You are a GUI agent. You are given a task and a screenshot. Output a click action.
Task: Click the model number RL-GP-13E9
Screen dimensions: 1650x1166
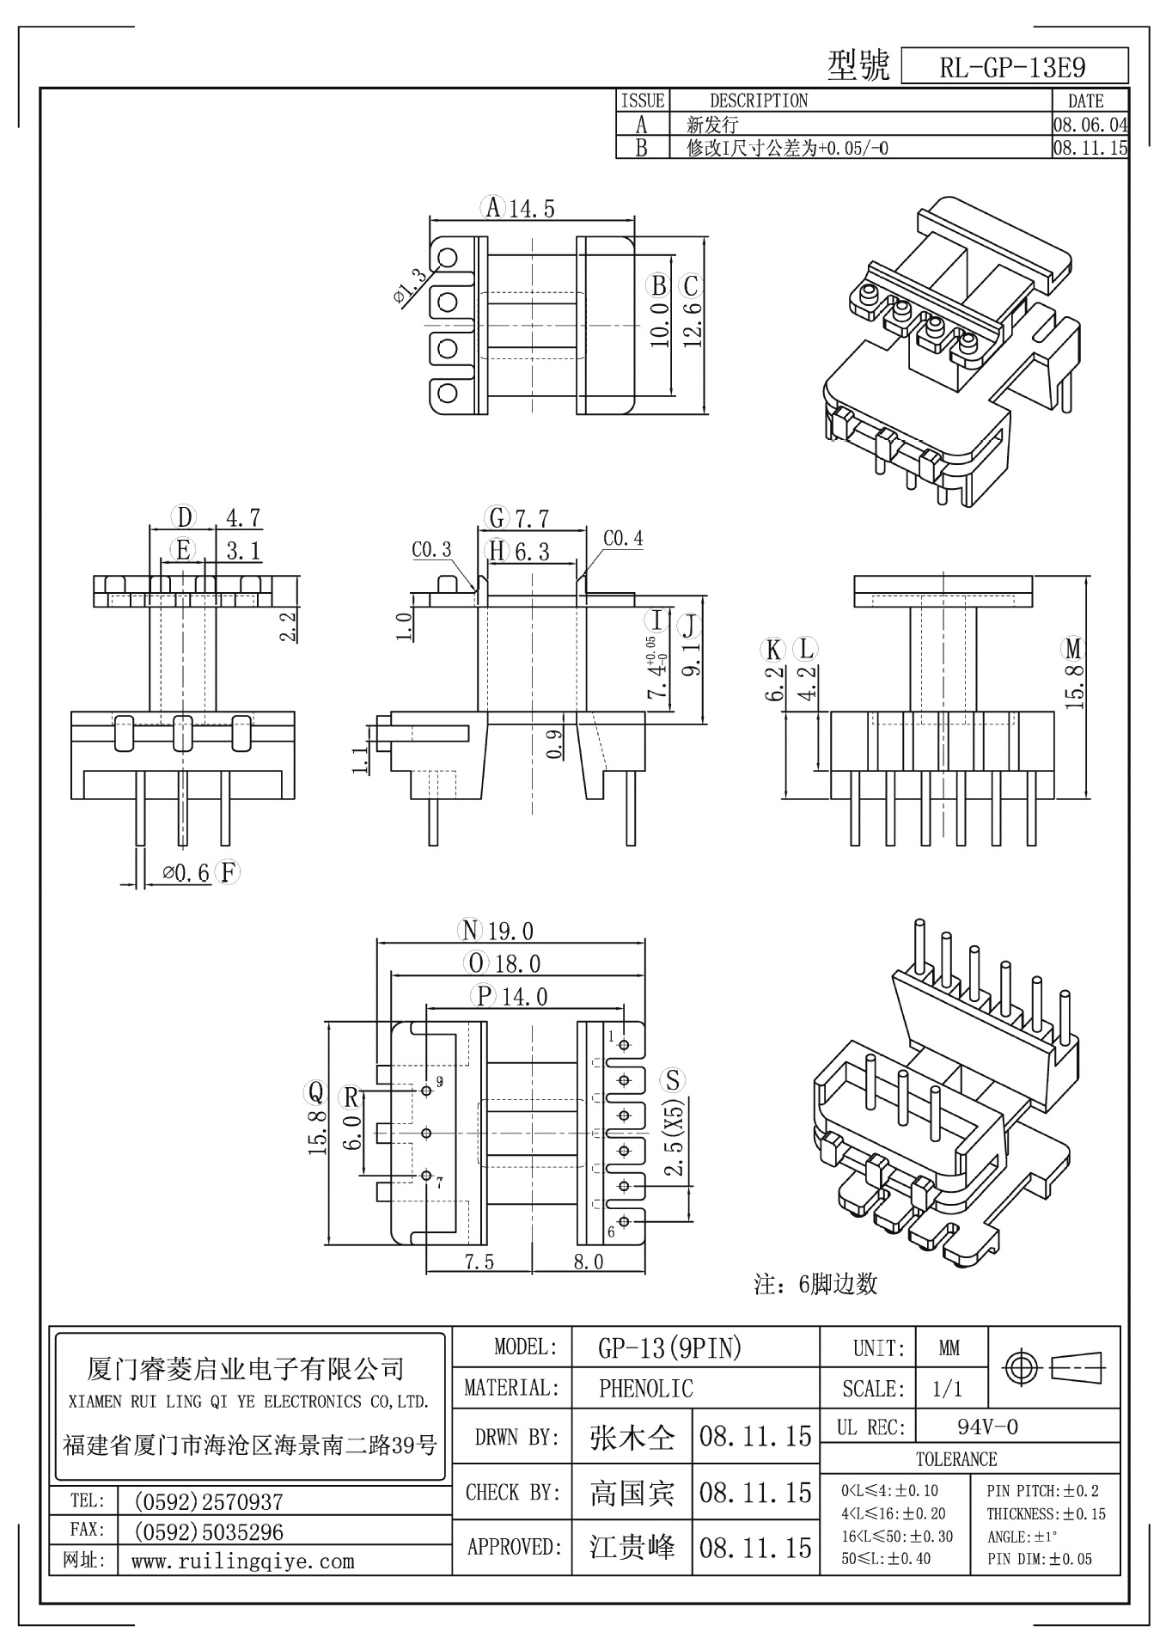click(x=1012, y=68)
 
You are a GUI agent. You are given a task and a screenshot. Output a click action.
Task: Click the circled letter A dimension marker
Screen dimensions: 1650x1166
click(x=492, y=207)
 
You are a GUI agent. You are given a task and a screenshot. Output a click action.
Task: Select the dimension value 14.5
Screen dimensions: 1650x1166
click(x=532, y=208)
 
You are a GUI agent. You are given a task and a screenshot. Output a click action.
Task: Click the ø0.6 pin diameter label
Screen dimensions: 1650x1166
click(x=186, y=874)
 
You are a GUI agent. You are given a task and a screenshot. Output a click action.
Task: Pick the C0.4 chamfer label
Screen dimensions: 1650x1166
click(x=622, y=539)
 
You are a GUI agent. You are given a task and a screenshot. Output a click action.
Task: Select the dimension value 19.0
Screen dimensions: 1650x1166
click(x=510, y=931)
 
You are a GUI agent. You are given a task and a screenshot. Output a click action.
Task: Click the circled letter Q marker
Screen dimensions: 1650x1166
click(x=315, y=1092)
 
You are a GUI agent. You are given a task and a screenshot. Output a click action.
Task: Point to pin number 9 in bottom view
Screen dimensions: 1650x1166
click(x=440, y=1082)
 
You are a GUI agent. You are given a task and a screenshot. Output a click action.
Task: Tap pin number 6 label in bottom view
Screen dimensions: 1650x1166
click(x=611, y=1232)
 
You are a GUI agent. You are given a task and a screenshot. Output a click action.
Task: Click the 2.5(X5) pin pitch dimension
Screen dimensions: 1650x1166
click(x=675, y=1136)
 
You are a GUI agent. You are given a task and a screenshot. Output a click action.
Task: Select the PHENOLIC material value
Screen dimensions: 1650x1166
click(x=645, y=1388)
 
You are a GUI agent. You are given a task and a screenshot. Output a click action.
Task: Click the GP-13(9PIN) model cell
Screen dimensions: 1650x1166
click(x=669, y=1348)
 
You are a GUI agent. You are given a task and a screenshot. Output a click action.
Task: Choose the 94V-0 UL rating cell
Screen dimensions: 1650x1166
click(x=987, y=1427)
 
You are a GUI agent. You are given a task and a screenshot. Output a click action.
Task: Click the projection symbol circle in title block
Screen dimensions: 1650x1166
click(x=1022, y=1366)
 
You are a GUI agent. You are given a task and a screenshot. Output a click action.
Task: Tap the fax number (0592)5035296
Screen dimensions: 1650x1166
click(x=209, y=1531)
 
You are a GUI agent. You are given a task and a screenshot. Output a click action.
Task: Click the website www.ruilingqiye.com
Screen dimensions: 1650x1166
click(x=242, y=1561)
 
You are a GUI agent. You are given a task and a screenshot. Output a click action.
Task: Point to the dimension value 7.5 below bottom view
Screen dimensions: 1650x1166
click(x=479, y=1262)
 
